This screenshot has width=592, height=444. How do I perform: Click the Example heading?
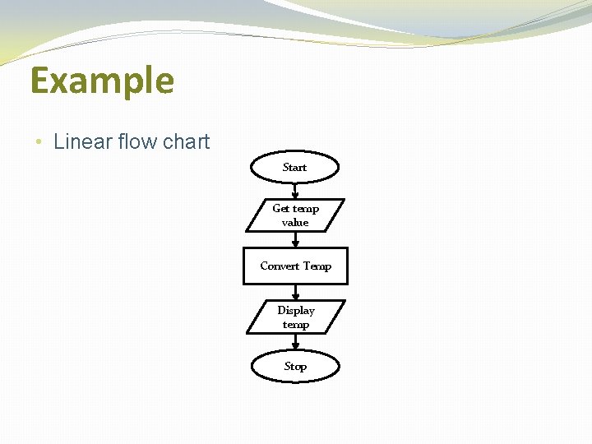pyautogui.click(x=102, y=81)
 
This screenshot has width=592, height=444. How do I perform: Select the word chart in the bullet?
pyautogui.click(x=186, y=141)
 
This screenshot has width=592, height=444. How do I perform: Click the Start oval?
pyautogui.click(x=294, y=167)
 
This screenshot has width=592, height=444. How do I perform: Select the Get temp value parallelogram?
pyautogui.click(x=295, y=215)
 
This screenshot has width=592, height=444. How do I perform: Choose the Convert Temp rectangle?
pyautogui.click(x=295, y=266)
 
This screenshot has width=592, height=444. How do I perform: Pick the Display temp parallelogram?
pyautogui.click(x=295, y=317)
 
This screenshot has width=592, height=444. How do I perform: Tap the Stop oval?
pyautogui.click(x=295, y=367)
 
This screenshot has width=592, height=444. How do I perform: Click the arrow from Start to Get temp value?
pyautogui.click(x=295, y=191)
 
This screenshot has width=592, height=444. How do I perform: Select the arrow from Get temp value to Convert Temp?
pyautogui.click(x=295, y=239)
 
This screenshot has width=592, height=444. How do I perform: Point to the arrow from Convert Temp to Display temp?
pyautogui.click(x=295, y=292)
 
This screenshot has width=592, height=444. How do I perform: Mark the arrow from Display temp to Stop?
pyautogui.click(x=295, y=342)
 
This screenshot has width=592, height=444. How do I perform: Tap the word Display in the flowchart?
pyautogui.click(x=296, y=310)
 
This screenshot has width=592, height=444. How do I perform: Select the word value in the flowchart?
pyautogui.click(x=295, y=223)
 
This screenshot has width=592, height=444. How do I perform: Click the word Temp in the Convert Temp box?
pyautogui.click(x=317, y=266)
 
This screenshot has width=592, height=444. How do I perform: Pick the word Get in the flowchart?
pyautogui.click(x=280, y=209)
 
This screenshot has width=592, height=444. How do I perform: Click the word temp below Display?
pyautogui.click(x=296, y=325)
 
